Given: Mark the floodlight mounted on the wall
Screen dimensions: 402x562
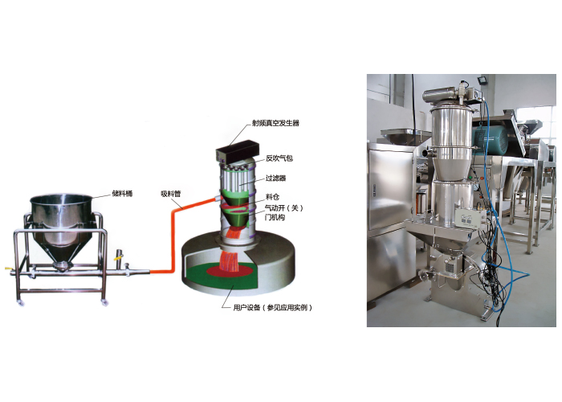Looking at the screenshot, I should tap(483, 80).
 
